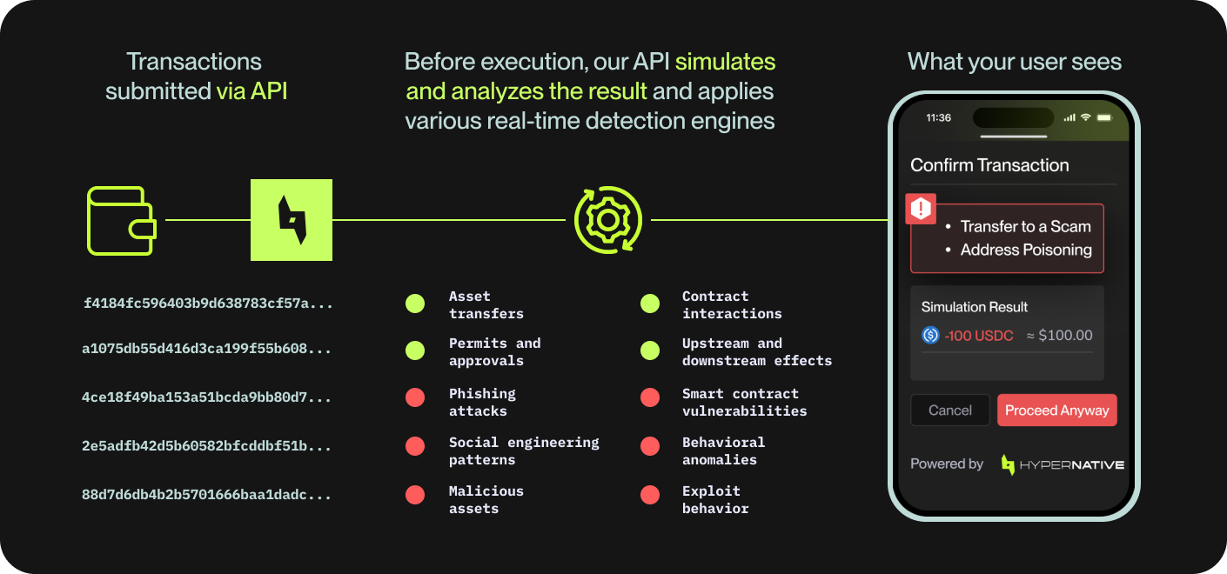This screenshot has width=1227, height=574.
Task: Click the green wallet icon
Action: point(121,220)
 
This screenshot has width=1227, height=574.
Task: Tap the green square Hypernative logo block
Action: point(292,220)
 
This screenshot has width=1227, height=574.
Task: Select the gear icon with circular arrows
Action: point(608,220)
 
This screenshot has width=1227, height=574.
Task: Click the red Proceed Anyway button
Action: point(1056,410)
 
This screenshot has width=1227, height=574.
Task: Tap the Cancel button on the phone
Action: point(949,410)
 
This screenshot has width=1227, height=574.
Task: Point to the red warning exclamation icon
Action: point(921,209)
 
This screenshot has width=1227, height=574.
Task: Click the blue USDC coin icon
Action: point(930,335)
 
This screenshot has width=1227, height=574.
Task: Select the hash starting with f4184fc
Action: point(208,304)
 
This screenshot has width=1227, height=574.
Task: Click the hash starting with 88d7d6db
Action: point(206,495)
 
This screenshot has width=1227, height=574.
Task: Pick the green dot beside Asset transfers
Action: point(415,304)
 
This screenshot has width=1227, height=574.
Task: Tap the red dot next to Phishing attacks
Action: point(415,397)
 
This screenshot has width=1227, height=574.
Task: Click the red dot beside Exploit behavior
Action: point(649,495)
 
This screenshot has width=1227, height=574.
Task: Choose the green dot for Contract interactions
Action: point(649,304)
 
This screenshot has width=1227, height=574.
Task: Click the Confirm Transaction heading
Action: point(989,165)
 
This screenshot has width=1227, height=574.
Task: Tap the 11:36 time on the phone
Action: point(938,117)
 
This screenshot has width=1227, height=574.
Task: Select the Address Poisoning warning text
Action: point(1026,250)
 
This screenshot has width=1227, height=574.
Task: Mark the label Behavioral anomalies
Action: point(723,451)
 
